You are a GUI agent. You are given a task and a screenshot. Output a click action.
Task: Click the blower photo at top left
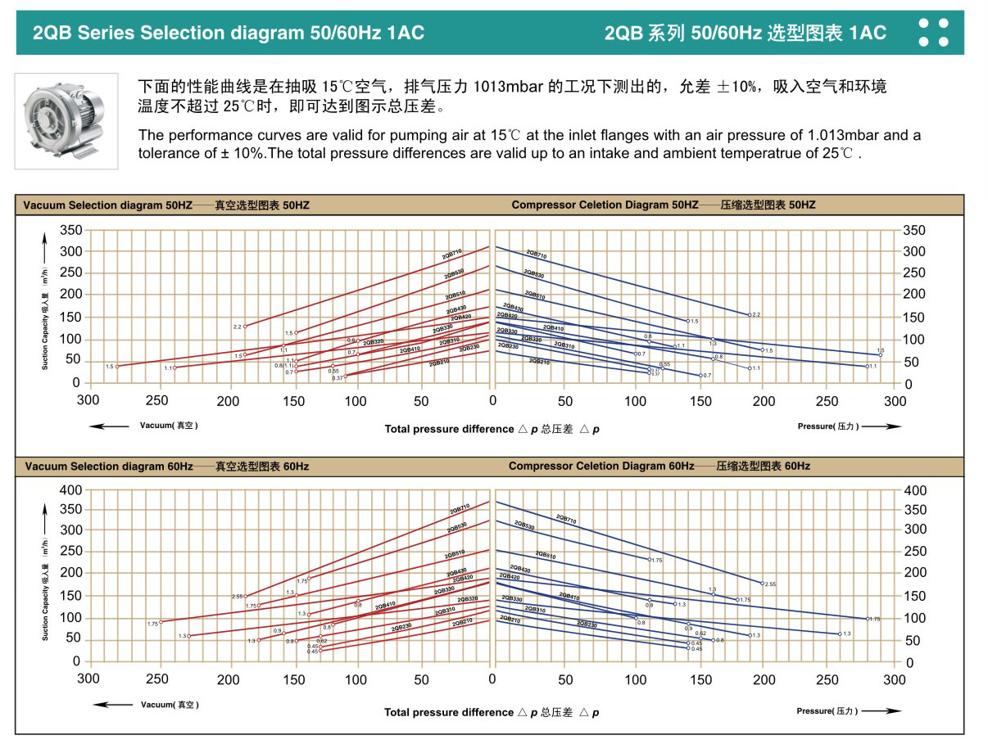[66, 120]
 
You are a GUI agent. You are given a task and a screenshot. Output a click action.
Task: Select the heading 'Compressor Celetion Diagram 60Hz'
[601, 466]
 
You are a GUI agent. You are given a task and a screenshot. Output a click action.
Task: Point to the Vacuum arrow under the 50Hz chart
[110, 426]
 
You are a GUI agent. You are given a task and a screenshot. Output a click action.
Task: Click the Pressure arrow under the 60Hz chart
[881, 711]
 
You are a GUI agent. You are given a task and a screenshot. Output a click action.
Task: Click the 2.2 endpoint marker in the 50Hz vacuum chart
[244, 326]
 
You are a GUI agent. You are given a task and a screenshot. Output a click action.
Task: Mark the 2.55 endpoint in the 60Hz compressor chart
[763, 583]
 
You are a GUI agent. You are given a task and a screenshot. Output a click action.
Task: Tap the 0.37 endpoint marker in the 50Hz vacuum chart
[346, 376]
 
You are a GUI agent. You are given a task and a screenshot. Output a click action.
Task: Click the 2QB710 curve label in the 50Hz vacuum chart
[452, 254]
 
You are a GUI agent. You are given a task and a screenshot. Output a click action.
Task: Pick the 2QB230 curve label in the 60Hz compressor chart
[586, 624]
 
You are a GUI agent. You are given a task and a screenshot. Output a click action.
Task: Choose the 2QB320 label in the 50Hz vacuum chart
[373, 341]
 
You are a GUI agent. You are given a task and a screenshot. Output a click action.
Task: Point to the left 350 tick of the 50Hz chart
[70, 229]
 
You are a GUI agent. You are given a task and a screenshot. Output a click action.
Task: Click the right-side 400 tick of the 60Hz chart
[914, 490]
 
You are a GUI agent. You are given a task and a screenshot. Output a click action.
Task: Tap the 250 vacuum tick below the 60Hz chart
[157, 679]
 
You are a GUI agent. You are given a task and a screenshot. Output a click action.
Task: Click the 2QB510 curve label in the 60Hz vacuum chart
[455, 554]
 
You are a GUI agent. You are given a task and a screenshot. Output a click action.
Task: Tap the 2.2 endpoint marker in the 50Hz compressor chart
[749, 314]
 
